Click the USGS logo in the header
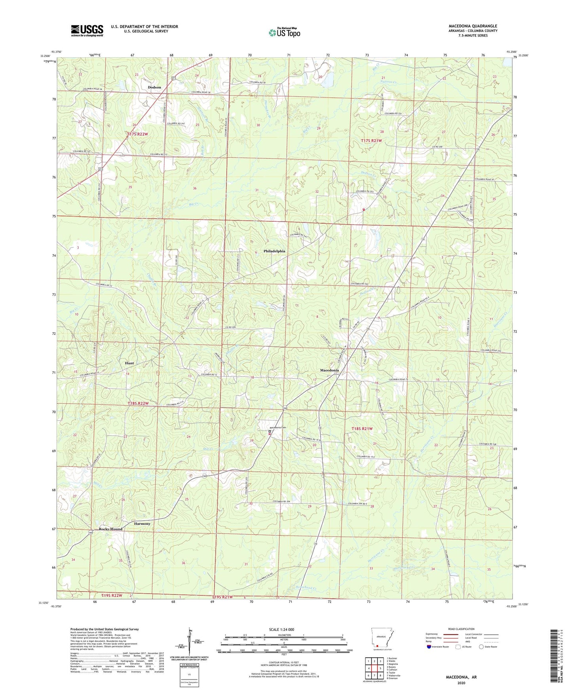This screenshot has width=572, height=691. pos(87,30)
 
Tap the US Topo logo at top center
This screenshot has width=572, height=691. pos(284,32)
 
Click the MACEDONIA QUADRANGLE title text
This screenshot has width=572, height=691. pos(473,26)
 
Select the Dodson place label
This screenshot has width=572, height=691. pos(154,87)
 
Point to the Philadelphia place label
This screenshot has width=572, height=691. pos(274,251)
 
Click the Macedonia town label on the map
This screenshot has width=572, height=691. pos(329,370)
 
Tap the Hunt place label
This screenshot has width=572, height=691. pos(129,363)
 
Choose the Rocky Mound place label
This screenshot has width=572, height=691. pos(110,529)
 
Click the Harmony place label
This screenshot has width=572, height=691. pos(142,524)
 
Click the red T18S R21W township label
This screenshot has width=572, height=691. pos(362,429)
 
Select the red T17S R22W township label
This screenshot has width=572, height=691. pos(137,134)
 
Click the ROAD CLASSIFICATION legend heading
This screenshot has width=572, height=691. pos(461,629)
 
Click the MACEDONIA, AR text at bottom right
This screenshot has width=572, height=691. pos(461,677)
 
